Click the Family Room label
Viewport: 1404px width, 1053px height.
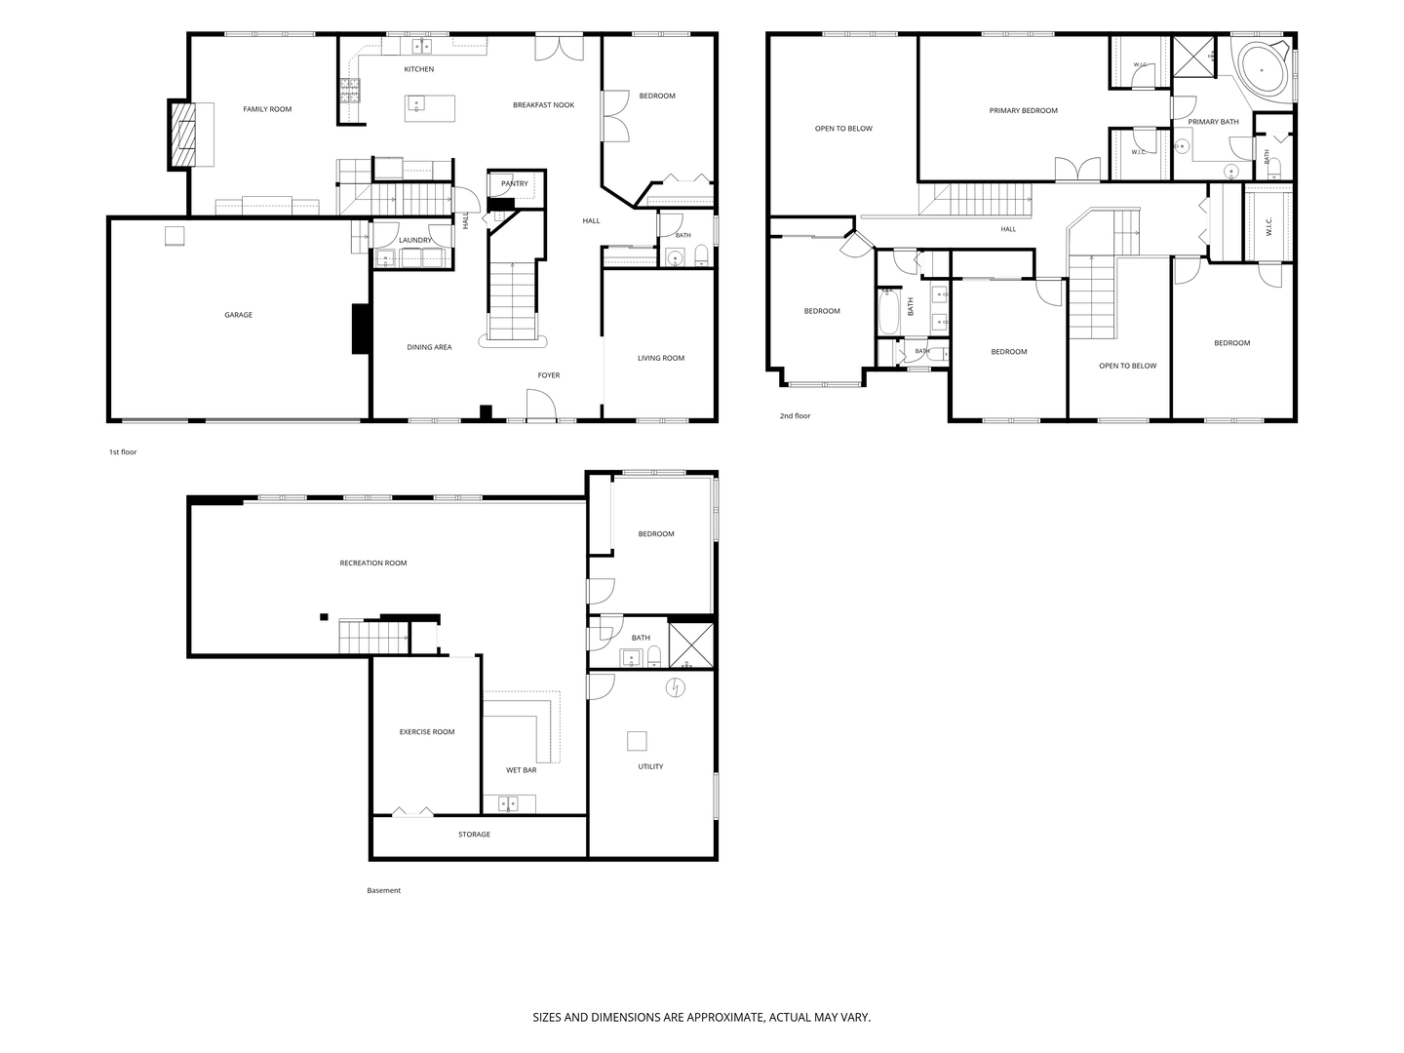[x=267, y=109]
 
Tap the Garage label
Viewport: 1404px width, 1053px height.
[x=238, y=315]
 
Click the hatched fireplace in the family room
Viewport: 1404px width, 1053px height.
[x=181, y=135]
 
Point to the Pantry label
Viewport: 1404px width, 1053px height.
[x=514, y=183]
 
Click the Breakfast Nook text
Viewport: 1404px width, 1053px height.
[x=543, y=105]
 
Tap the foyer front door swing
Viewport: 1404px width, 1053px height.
[x=540, y=404]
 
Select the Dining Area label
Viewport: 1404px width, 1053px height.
[x=429, y=347]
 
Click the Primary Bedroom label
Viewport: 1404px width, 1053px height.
[x=1023, y=110]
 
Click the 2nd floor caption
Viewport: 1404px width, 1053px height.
[x=795, y=415]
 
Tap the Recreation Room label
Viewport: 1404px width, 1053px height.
[x=372, y=564]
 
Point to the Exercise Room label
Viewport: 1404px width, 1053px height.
[x=427, y=732]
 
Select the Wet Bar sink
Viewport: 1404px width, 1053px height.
[x=508, y=803]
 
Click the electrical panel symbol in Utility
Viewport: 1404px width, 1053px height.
[x=675, y=688]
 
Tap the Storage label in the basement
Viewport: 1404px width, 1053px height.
[x=474, y=835]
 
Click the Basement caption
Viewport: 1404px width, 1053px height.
[x=383, y=890]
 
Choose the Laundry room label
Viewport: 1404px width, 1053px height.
[x=414, y=241]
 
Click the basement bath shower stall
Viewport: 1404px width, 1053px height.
[x=691, y=644]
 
